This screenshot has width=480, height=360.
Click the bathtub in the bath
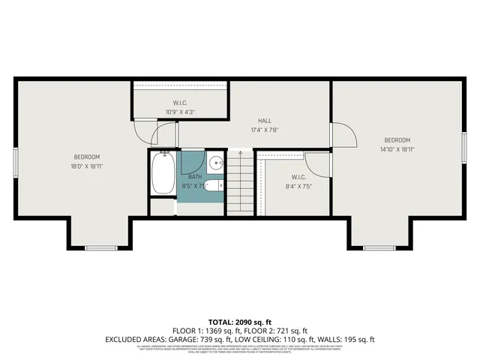point(163,172)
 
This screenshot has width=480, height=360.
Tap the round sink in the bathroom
point(214,162)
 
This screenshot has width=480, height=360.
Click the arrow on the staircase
point(240,154)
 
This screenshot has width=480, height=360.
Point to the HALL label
point(265,121)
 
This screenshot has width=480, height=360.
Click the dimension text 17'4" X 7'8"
point(265,130)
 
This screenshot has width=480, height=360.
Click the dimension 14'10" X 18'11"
point(397,149)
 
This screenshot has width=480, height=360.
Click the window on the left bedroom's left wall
point(15,160)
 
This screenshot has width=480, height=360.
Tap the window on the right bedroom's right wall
point(464,145)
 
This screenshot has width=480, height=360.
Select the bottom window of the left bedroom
point(100,247)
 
